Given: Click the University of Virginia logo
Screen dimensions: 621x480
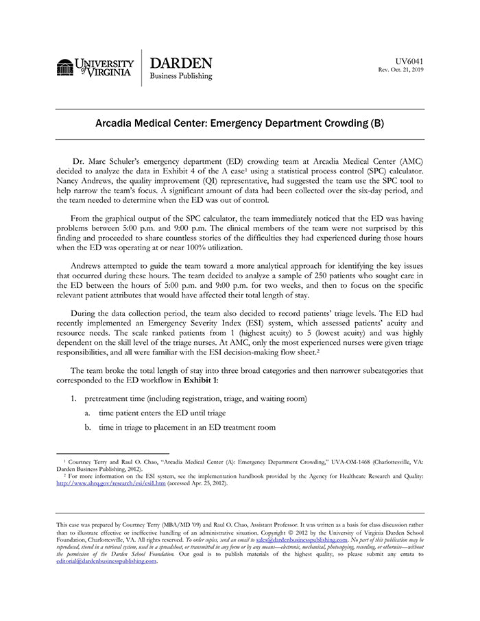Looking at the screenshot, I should [95, 68].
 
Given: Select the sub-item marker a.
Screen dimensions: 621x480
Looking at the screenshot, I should [88, 413].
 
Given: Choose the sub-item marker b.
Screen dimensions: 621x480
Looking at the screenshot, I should [88, 428].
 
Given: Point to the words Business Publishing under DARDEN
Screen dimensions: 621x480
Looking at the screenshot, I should [181, 77].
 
